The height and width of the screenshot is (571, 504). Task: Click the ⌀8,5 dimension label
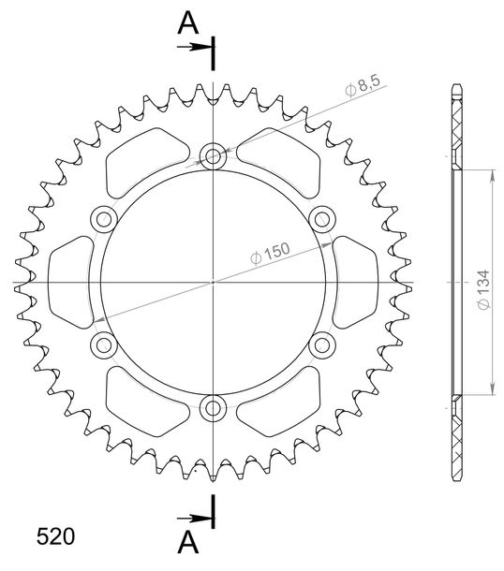(x=363, y=86)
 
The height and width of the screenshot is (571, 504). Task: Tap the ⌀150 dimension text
(x=270, y=253)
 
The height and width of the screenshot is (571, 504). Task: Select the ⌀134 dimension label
(x=483, y=289)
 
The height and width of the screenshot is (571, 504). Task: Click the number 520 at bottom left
(x=55, y=536)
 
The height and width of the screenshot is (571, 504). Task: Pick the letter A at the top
(x=188, y=23)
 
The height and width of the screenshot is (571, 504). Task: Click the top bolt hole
(x=214, y=157)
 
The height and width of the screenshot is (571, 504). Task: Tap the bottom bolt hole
(x=214, y=408)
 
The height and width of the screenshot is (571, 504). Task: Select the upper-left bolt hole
(x=104, y=220)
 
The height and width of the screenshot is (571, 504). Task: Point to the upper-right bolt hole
(x=322, y=220)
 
